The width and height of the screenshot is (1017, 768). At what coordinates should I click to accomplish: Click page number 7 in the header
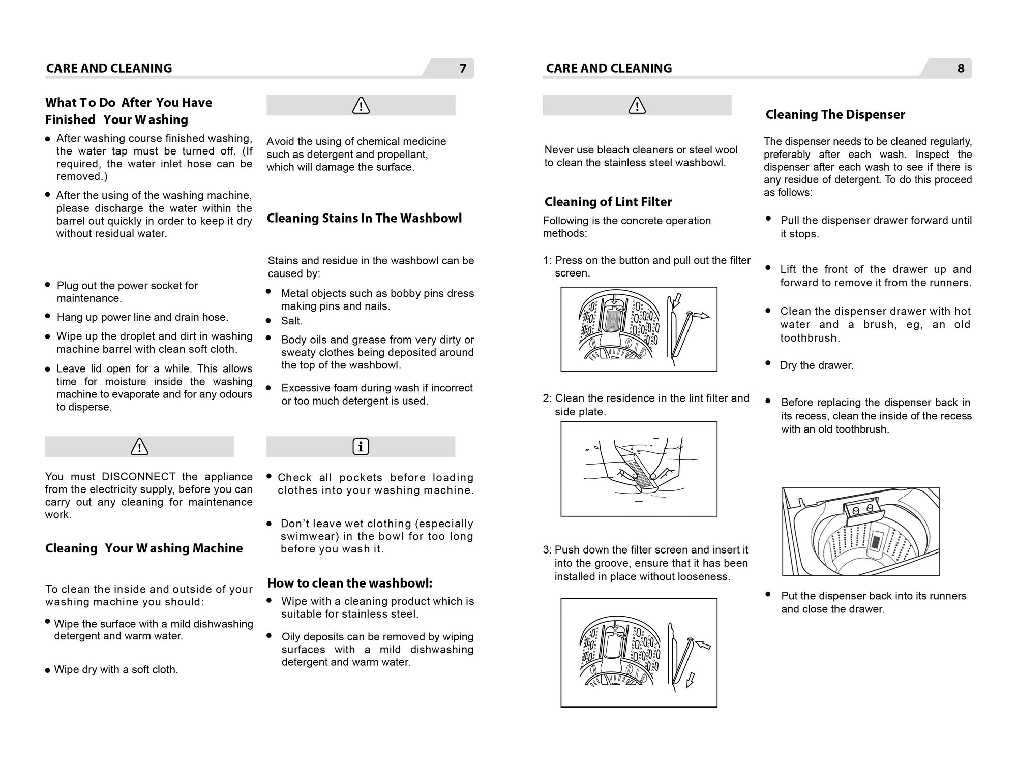463,68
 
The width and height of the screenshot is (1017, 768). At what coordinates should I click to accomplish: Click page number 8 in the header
961,68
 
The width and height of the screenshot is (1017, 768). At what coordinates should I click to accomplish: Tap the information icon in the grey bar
361,447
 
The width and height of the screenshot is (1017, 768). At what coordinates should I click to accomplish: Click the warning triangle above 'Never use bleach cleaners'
637,106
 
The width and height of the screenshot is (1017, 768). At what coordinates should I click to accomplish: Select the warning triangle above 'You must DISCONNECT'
139,447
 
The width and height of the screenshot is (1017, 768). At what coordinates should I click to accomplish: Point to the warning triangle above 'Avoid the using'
361,106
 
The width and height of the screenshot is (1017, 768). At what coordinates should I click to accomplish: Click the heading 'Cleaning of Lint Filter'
608,202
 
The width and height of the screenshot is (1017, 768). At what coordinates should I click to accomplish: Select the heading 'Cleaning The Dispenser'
835,115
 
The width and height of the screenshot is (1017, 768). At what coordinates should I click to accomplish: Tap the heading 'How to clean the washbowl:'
350,583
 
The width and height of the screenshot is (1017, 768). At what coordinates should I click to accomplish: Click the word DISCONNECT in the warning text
139,477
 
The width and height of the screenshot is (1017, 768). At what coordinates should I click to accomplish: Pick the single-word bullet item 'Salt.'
291,321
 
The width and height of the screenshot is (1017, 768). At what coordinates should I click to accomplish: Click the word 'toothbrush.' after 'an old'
810,338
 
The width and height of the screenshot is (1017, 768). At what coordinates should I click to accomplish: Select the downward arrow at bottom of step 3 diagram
690,680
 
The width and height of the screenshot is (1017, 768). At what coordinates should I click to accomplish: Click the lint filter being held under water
640,470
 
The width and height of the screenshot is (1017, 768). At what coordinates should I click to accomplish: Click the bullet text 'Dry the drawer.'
816,365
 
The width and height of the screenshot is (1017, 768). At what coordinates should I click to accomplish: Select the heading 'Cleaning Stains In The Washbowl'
364,219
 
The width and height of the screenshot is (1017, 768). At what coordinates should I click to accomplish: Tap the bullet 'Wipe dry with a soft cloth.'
116,670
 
